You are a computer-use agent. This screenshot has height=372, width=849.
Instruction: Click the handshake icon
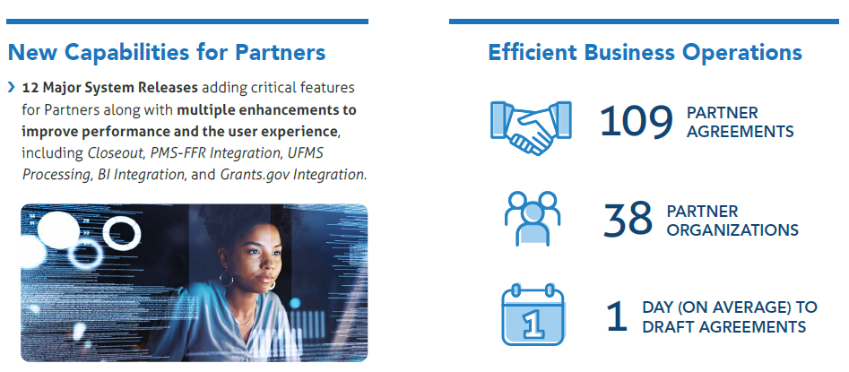[531, 128]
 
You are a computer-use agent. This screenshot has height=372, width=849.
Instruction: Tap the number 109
[637, 122]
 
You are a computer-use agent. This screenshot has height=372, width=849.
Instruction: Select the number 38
[628, 220]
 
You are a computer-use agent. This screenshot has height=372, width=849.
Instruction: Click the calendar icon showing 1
[533, 315]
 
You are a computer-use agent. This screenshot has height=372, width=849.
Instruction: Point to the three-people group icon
[533, 218]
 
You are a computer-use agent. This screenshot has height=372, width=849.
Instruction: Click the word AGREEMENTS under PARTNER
[741, 132]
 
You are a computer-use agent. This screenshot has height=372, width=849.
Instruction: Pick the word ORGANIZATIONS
[732, 229]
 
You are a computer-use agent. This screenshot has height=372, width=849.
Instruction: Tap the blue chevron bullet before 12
[12, 88]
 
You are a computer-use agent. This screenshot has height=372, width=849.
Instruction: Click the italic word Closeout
[116, 153]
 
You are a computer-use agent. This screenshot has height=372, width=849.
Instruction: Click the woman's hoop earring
[226, 278]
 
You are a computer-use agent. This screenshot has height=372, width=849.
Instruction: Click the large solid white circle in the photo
[58, 230]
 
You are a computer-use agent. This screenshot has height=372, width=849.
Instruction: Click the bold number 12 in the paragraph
[30, 88]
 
